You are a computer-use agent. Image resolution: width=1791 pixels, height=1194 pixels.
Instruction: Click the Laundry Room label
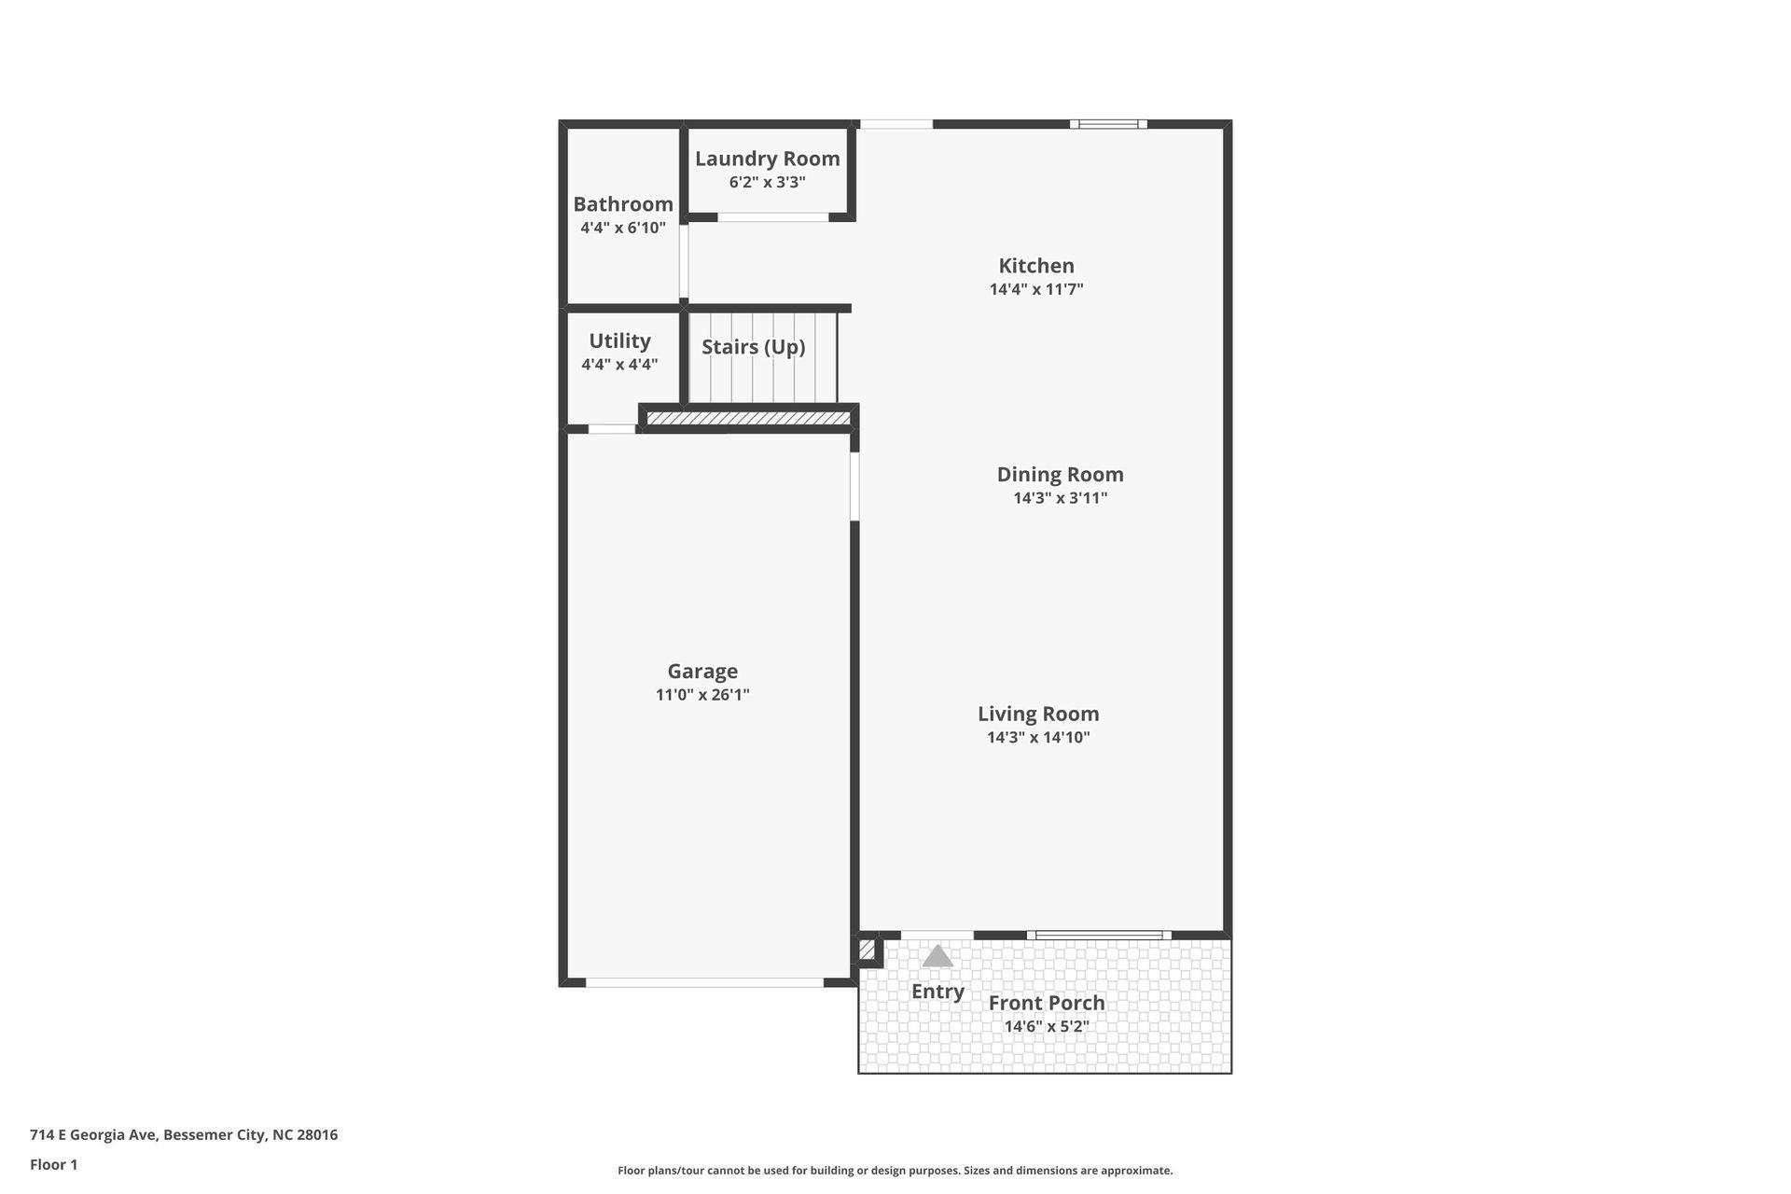tap(767, 159)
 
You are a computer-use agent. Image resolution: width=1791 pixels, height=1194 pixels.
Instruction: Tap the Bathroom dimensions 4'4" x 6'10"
tap(623, 228)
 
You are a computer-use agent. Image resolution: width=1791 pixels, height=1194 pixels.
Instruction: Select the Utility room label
tap(619, 340)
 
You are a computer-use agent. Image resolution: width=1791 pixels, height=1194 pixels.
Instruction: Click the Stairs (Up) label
tap(753, 347)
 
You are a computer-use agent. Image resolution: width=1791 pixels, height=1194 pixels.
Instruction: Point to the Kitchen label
tap(1036, 266)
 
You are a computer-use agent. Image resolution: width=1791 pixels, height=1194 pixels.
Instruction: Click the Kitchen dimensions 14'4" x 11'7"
tap(1036, 289)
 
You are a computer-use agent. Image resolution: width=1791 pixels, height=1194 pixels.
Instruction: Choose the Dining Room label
tap(1060, 474)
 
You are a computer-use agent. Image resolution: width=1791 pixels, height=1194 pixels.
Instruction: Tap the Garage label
tap(702, 671)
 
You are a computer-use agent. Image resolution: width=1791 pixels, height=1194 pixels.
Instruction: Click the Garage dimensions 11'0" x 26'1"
tap(702, 695)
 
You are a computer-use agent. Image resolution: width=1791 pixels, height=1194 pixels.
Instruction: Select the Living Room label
tap(1038, 714)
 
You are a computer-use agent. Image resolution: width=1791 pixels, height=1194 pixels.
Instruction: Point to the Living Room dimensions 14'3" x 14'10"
tap(1038, 738)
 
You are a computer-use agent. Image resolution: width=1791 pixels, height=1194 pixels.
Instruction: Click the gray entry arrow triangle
tap(937, 956)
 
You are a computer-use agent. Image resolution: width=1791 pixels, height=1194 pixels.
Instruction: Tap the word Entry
tap(937, 992)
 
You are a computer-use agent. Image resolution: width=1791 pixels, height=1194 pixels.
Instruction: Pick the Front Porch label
tap(1047, 1003)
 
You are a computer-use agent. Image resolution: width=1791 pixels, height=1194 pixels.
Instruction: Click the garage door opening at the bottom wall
tap(704, 982)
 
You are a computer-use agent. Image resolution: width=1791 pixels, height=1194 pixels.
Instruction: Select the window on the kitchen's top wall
tap(1108, 124)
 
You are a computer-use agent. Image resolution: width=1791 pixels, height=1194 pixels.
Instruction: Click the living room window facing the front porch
tap(1099, 935)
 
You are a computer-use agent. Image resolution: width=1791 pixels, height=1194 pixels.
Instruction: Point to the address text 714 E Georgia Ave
tap(184, 1135)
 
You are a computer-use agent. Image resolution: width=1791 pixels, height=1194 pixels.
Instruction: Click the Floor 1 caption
tap(54, 1164)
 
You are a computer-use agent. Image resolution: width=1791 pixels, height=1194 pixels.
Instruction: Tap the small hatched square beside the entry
tap(867, 951)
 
